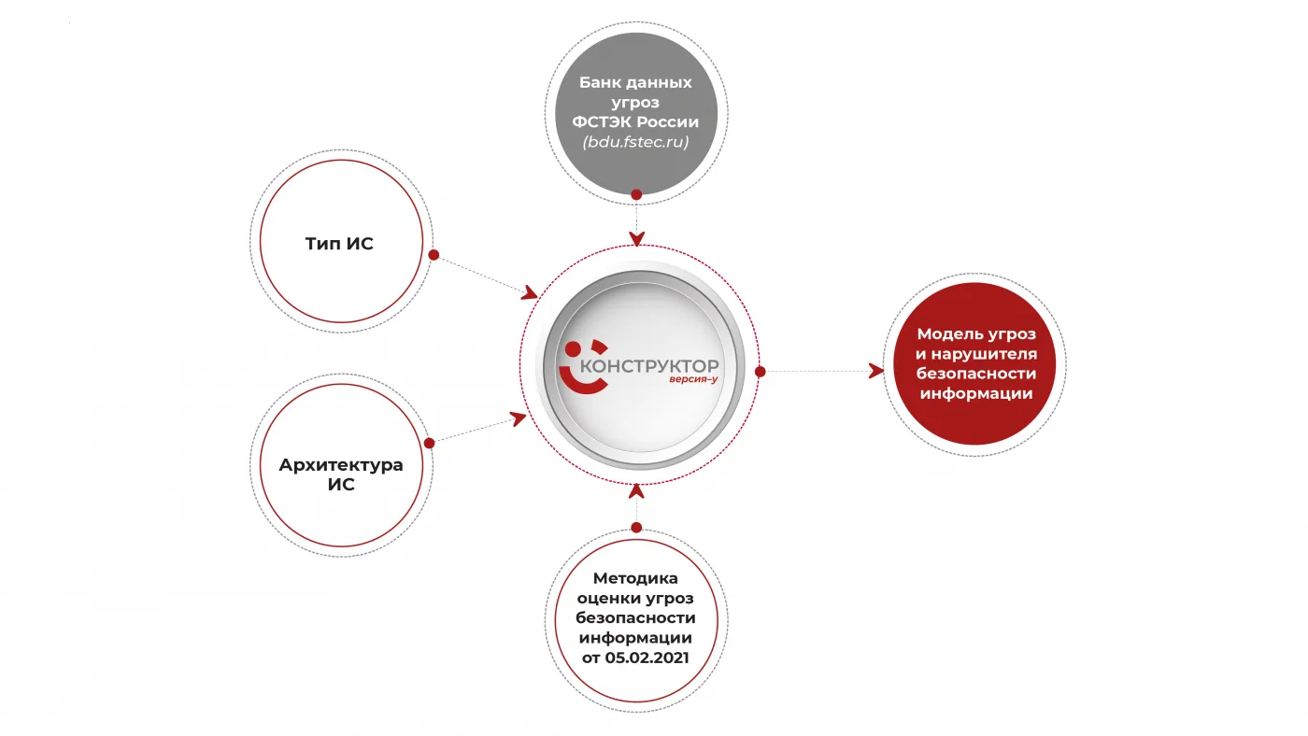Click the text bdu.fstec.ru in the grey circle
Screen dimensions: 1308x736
(636, 142)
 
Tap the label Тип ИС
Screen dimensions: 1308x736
(339, 244)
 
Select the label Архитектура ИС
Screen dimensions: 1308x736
(341, 474)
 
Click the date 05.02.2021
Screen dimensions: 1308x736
(647, 658)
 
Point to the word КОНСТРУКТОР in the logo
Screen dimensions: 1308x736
(649, 366)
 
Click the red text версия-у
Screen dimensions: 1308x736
(693, 379)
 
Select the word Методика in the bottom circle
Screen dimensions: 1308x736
(635, 578)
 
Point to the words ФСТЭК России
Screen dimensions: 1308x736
(635, 122)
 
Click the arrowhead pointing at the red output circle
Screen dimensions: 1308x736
(876, 371)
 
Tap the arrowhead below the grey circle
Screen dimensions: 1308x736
(636, 238)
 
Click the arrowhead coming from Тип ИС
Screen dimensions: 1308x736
(530, 293)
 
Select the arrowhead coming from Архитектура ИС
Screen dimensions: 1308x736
(518, 418)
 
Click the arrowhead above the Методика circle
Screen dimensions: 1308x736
(636, 491)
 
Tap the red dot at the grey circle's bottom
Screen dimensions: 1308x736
(636, 194)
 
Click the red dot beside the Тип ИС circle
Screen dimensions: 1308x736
(434, 255)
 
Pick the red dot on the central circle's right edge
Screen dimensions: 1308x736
(760, 372)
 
